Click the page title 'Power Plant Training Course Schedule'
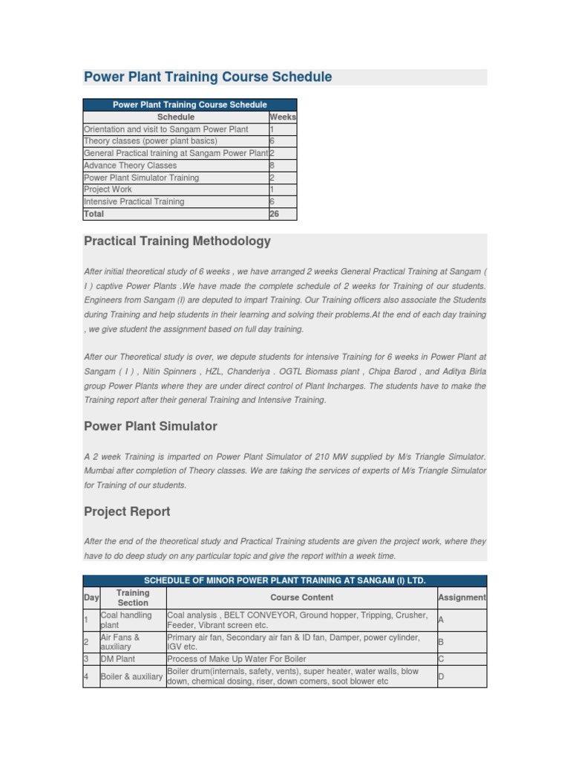(208, 77)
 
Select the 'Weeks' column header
(283, 117)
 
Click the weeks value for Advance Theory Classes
(272, 166)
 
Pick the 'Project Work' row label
(108, 190)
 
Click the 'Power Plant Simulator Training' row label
(141, 178)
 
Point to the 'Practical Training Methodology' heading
(177, 242)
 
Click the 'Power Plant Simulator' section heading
(151, 427)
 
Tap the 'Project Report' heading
(127, 511)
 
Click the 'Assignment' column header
(462, 598)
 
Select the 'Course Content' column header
(301, 598)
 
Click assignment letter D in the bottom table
(442, 676)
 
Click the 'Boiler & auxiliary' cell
(131, 676)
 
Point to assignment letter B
(442, 642)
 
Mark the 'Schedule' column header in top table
(176, 117)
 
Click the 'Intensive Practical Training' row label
(134, 201)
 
